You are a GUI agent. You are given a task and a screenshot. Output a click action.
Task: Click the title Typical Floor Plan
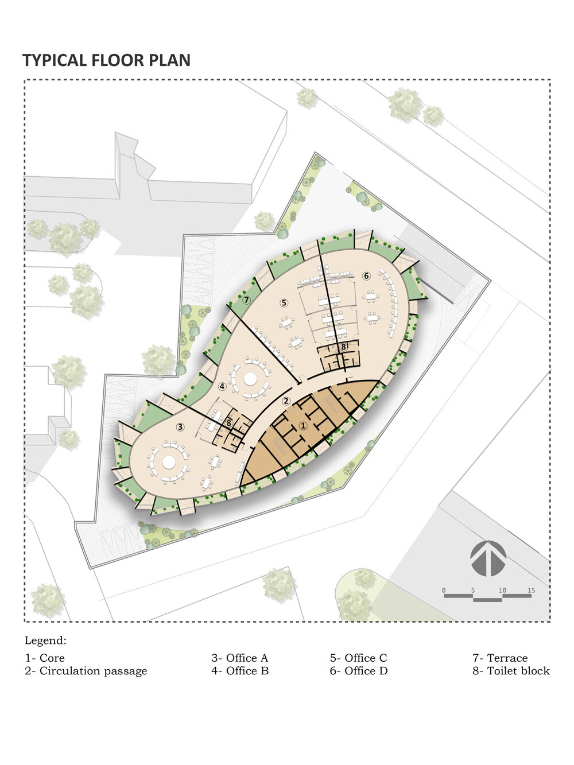pos(106,60)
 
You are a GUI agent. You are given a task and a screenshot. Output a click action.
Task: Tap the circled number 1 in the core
pos(303,426)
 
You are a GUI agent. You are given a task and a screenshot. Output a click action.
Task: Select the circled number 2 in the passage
pos(286,401)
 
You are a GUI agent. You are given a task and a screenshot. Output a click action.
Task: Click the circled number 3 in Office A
pos(180,427)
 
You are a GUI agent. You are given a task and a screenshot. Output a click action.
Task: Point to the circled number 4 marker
pos(222,386)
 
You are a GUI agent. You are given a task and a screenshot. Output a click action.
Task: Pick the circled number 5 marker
pos(284,302)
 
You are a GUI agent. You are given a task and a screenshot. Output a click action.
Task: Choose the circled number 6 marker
pos(366,276)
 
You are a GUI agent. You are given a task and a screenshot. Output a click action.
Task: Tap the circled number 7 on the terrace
pos(247,300)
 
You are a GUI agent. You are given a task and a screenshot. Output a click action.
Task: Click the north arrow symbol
pos(488,558)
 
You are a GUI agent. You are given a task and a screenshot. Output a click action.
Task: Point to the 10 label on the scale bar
pos(502,591)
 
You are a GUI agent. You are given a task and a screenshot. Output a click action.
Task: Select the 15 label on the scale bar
pos(531,591)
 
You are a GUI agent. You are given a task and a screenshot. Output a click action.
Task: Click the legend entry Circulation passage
pos(86,671)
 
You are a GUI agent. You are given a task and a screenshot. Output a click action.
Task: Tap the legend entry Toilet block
pos(511,671)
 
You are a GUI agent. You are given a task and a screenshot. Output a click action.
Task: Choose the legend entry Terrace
pos(500,658)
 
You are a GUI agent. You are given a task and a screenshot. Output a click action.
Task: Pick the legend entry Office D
pos(359,671)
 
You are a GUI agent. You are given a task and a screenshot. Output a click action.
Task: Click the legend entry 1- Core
pos(45,658)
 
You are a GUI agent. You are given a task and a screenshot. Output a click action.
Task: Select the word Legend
pos(45,640)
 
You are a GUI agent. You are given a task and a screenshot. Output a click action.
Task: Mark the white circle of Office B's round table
pos(250,379)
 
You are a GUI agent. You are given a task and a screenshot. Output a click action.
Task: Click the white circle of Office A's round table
pos(169,462)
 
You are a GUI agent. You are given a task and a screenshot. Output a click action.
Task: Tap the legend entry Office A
pos(239,658)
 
